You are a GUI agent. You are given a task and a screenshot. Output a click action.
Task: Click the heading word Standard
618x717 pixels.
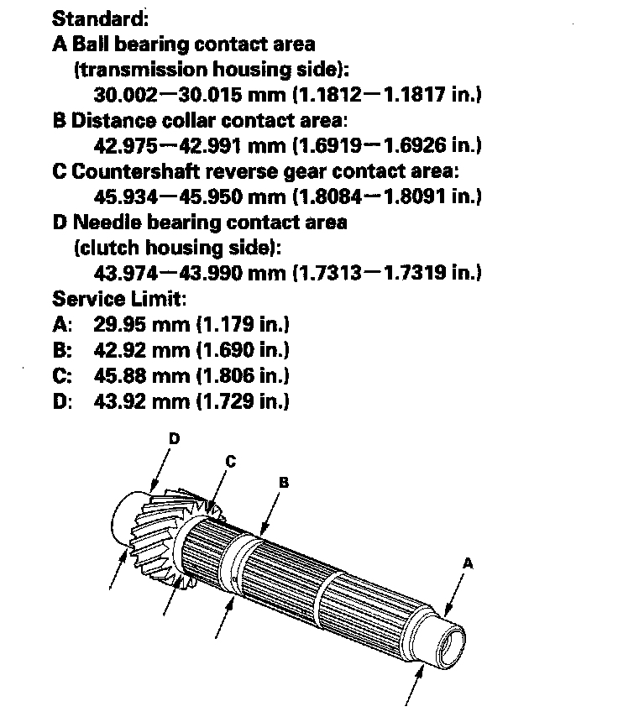(x=88, y=18)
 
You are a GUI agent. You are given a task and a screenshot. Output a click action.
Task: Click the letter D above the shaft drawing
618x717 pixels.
(x=174, y=438)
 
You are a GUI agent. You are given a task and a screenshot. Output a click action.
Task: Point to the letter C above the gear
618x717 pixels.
(x=231, y=460)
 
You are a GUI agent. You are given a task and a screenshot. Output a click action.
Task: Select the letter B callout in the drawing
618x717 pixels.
(x=284, y=482)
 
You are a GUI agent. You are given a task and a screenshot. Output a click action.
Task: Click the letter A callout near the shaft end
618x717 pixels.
(x=469, y=563)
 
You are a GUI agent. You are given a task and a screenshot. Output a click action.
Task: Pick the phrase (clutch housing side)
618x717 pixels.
(x=177, y=248)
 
